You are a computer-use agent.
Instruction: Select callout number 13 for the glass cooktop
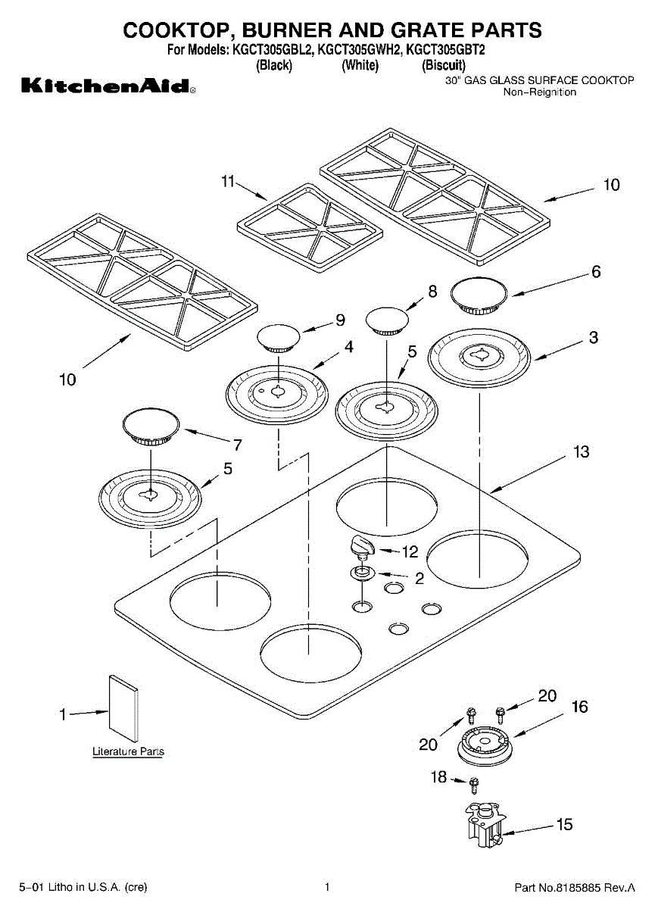[x=581, y=452]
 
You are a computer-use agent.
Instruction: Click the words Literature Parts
[x=128, y=751]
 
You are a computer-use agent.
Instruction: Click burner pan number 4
[x=278, y=392]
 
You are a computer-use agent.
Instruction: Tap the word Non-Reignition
[x=540, y=92]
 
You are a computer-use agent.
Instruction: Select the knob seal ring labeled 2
[x=362, y=573]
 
